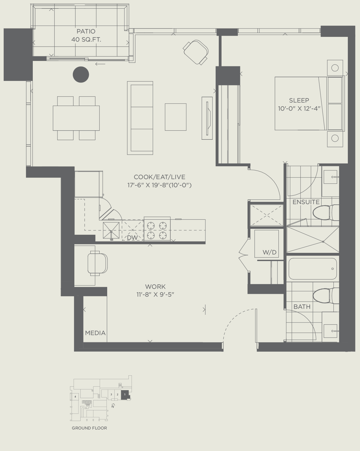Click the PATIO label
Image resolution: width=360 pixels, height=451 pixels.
tap(86, 32)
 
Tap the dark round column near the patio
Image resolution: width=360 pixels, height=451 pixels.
tap(81, 75)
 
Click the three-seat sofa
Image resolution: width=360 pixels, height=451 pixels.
tap(140, 118)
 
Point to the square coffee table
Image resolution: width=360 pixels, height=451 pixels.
tap(176, 117)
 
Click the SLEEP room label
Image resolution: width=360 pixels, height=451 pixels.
tap(299, 100)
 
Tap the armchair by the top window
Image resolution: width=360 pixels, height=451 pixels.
tap(196, 52)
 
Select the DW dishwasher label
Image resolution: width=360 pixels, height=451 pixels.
tap(132, 238)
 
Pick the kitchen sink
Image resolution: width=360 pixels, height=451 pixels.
tap(111, 231)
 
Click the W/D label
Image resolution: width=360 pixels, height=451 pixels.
tap(270, 253)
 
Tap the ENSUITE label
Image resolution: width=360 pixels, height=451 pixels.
tap(306, 202)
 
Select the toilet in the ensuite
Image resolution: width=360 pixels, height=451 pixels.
tap(325, 213)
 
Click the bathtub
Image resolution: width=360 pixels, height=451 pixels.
tap(312, 268)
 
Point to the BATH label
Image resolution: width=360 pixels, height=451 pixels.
tap(302, 307)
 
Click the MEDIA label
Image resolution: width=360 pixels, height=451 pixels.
tap(95, 333)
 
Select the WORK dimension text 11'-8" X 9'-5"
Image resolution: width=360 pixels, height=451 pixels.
tap(155, 294)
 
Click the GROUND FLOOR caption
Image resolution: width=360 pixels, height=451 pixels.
tap(89, 428)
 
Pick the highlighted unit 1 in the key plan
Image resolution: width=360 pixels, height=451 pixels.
tap(125, 395)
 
